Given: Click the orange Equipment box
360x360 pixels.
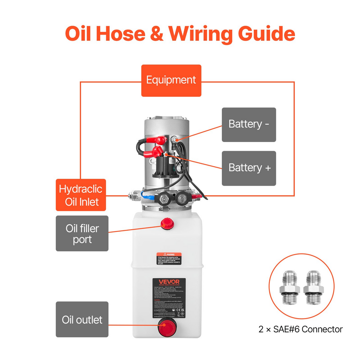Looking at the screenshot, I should click(171, 80).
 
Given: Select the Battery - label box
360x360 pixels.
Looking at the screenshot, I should click(249, 124).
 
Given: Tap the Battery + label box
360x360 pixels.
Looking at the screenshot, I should click(249, 168).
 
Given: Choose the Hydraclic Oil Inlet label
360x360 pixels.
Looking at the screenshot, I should click(81, 195).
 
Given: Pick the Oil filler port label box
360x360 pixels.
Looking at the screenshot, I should click(82, 233).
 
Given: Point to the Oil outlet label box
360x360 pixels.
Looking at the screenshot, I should click(82, 320).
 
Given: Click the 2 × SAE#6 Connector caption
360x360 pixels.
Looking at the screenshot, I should click(300, 329).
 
